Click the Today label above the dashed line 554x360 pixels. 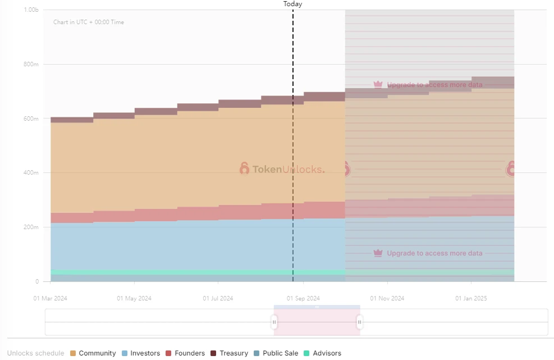[x=292, y=4]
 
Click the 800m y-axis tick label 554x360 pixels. [x=30, y=64]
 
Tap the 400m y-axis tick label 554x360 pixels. [x=30, y=173]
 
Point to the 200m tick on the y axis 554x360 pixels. [x=30, y=227]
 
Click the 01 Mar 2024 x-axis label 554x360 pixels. [x=50, y=298]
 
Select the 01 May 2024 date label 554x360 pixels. [x=134, y=298]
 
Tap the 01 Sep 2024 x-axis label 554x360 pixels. [x=303, y=298]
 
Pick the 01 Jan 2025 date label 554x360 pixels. [x=471, y=298]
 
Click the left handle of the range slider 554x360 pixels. [x=274, y=322]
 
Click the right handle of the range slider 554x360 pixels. [x=360, y=322]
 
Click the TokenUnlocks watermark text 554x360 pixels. [x=288, y=169]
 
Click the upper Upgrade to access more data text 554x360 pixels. [x=434, y=85]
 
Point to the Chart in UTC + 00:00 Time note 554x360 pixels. [x=89, y=22]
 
